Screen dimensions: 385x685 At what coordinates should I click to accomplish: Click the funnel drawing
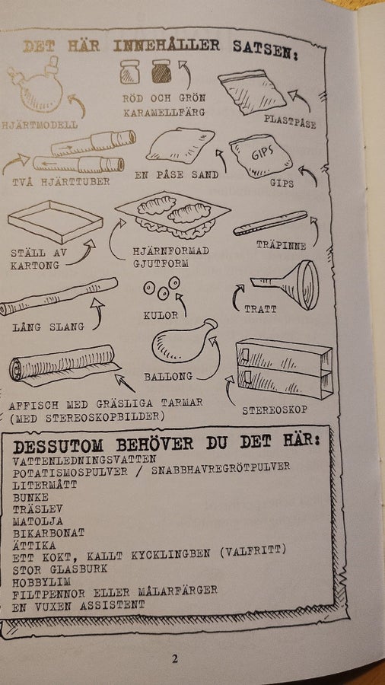(x=291, y=285)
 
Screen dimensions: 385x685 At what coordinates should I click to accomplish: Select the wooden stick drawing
(x=270, y=223)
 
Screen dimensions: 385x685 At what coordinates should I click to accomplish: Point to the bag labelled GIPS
(x=260, y=156)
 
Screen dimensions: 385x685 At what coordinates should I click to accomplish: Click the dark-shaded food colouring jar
(x=161, y=72)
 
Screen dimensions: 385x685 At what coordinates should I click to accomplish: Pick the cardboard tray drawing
(x=56, y=221)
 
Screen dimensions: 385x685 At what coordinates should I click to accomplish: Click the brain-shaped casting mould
(x=173, y=215)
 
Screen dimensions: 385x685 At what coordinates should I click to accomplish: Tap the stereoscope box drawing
(x=284, y=368)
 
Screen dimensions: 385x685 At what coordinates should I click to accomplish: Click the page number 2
(x=174, y=659)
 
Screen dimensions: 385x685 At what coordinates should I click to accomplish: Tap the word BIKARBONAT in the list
(x=49, y=533)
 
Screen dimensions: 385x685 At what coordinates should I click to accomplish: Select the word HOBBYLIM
(x=42, y=582)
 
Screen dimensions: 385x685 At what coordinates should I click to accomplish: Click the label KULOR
(x=161, y=314)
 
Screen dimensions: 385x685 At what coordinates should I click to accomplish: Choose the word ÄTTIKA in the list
(x=34, y=546)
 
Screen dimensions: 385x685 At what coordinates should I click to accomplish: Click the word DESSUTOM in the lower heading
(x=58, y=446)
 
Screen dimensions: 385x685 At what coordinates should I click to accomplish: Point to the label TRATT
(x=260, y=309)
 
